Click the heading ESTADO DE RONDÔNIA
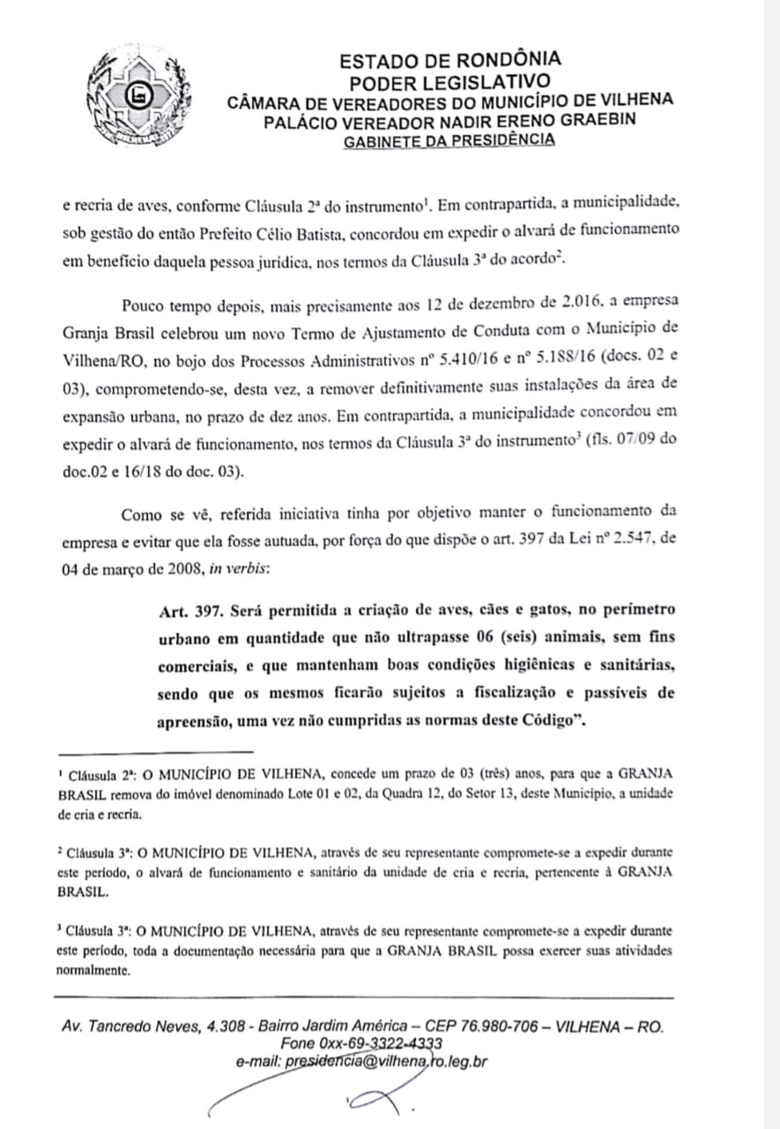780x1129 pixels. coord(449,61)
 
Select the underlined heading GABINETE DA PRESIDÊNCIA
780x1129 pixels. coord(449,139)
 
